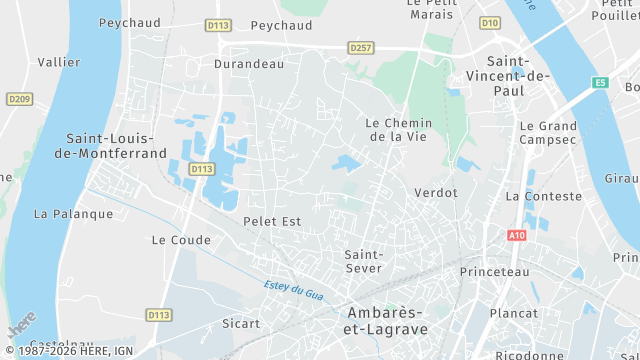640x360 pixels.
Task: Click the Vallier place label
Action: point(59,62)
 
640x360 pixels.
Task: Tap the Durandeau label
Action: point(249,63)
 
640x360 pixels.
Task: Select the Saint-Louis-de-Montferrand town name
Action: point(115,145)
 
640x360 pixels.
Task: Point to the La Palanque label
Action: point(73,213)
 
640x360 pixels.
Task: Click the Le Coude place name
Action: point(181,240)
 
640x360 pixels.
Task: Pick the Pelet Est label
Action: point(272,221)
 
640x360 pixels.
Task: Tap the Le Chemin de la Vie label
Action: point(399,129)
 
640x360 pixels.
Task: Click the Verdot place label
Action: point(435,192)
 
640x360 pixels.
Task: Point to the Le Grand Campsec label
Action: point(548,134)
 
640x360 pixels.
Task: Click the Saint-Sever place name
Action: point(364,261)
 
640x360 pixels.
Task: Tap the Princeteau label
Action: point(494,272)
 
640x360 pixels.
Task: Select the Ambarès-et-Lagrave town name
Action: point(387,320)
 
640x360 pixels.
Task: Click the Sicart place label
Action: point(241,323)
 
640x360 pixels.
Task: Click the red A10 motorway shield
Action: point(516,235)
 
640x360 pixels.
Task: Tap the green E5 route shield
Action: point(599,83)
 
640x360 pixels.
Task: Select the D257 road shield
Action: point(360,47)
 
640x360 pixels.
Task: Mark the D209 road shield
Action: point(19,99)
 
